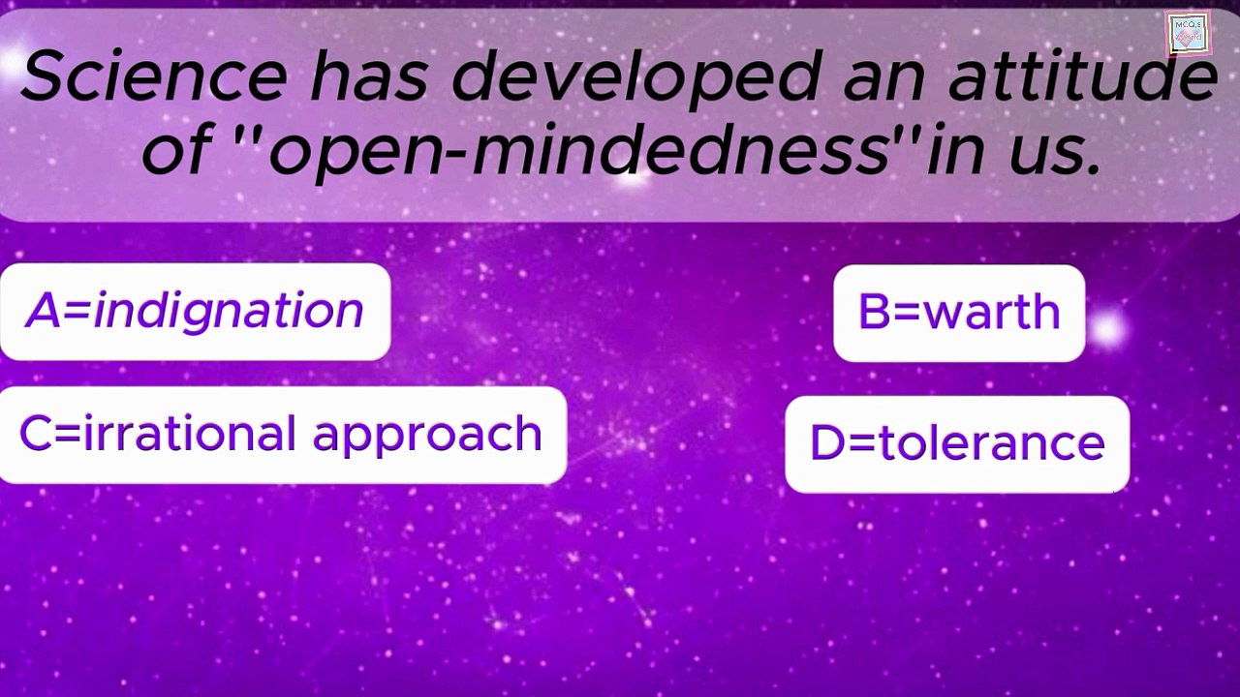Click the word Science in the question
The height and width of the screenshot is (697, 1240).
click(x=154, y=76)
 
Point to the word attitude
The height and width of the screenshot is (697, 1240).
click(x=1083, y=76)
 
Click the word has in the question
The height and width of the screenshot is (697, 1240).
click(x=369, y=76)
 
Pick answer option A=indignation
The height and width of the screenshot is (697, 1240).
click(x=195, y=312)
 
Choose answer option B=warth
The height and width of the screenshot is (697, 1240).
click(x=959, y=313)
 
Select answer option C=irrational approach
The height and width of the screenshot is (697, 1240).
click(x=282, y=436)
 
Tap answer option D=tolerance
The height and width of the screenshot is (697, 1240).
click(x=957, y=444)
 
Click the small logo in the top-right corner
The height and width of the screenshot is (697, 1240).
click(x=1187, y=34)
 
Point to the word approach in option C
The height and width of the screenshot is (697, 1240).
click(x=427, y=437)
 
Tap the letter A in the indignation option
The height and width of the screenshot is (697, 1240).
click(x=44, y=310)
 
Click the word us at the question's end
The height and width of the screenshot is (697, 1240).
click(x=1053, y=153)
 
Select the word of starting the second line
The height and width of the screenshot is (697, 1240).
click(x=177, y=148)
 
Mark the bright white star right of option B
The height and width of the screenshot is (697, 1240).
click(x=1108, y=330)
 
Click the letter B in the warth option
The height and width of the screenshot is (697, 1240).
click(x=874, y=311)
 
